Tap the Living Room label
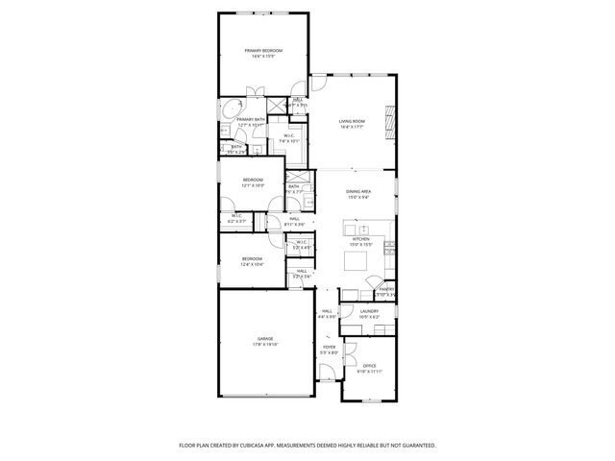point(352,122)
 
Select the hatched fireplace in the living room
point(389,121)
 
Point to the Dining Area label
point(358,193)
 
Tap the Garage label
point(264,340)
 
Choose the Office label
point(370,366)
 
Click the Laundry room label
point(369,312)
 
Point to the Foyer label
point(330,348)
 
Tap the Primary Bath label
point(237,120)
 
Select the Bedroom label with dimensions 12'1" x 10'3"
point(253,182)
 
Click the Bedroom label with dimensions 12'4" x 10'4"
point(252,259)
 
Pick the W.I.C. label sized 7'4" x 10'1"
point(289,137)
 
